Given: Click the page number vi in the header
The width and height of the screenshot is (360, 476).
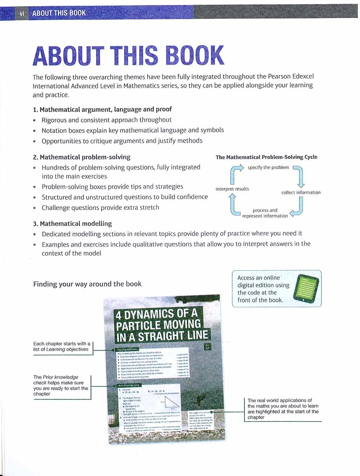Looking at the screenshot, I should (x=22, y=13).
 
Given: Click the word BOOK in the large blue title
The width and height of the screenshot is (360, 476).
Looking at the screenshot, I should (x=195, y=56).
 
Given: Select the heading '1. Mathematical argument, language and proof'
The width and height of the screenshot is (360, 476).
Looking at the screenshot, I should (x=102, y=109).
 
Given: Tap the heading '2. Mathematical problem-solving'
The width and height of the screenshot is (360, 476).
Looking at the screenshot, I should (x=81, y=157).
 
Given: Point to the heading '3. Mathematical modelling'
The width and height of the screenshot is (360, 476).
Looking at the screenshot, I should (x=72, y=223).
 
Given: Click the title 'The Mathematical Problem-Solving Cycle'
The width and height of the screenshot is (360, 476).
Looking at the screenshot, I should (x=266, y=157).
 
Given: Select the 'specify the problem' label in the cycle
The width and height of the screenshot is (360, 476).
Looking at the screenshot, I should (x=268, y=167).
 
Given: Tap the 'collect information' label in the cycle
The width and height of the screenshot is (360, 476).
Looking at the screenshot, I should (x=301, y=192).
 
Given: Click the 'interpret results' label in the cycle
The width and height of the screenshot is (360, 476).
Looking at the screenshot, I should (x=232, y=189).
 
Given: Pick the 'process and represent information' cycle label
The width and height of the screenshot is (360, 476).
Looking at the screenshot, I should (x=265, y=213).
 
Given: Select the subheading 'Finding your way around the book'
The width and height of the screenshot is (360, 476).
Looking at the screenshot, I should (x=87, y=284).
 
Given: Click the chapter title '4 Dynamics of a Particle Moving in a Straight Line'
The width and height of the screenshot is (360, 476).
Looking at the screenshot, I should (x=162, y=325).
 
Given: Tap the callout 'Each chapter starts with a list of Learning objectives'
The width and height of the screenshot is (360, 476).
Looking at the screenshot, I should (x=62, y=346).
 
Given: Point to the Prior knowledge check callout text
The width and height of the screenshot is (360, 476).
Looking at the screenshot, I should (x=60, y=386).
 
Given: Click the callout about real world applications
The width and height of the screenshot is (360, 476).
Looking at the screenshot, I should (x=283, y=409).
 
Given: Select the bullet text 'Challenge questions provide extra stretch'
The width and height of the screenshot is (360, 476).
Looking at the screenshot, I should (x=100, y=208).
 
